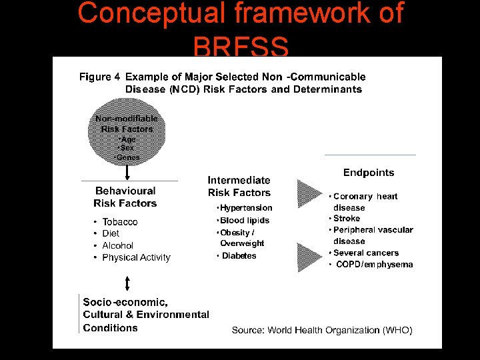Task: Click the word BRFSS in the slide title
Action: point(241,47)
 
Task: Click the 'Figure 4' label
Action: point(100,77)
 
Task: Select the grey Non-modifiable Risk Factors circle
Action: point(127,133)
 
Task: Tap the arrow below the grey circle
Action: point(127,172)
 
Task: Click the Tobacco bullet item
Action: point(119,221)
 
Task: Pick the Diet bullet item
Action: point(111,233)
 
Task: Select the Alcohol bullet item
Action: point(117,245)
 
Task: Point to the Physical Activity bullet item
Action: point(136,257)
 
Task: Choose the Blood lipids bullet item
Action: point(244,220)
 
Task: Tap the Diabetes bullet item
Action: point(238,256)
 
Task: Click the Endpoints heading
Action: point(369,173)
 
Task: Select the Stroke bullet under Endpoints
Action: point(346,219)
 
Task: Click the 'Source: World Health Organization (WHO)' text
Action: point(322,330)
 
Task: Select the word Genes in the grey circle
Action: point(127,158)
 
